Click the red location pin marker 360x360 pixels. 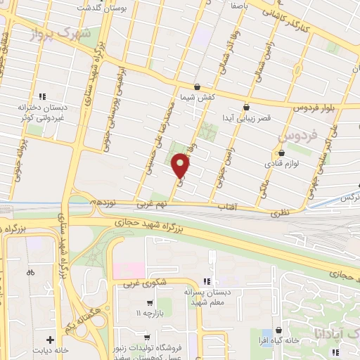[x=181, y=165]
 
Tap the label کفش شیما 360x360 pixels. [x=196, y=97]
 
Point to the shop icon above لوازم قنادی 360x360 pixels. [x=282, y=152]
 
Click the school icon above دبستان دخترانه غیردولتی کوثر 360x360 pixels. [x=42, y=96]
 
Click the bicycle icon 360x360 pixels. [x=30, y=272]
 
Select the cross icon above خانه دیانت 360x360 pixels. [x=50, y=339]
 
